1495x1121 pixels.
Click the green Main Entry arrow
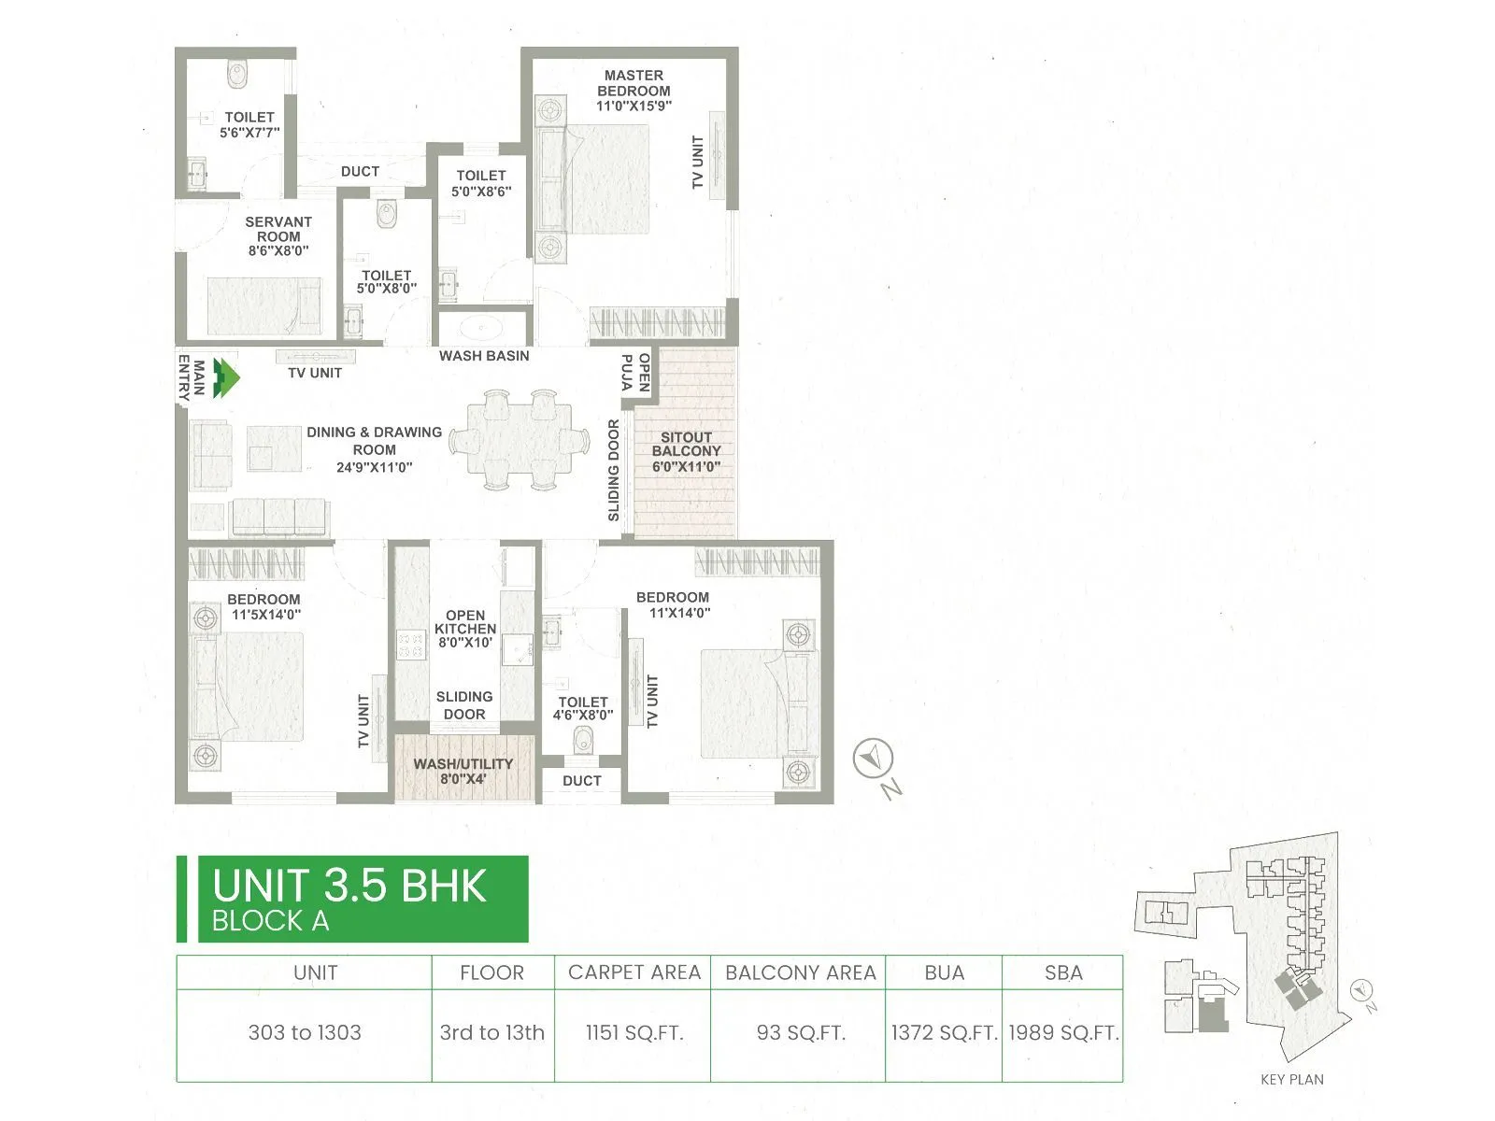[226, 378]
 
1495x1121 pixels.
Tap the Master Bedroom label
[634, 83]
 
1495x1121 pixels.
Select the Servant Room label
[278, 229]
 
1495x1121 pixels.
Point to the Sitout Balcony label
[686, 444]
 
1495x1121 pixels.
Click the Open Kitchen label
[465, 622]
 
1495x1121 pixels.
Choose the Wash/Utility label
[463, 764]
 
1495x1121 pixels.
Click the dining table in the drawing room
[520, 440]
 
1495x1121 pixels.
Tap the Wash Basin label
[484, 356]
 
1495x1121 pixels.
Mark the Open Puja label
[635, 372]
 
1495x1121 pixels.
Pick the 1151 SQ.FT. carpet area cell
[634, 1033]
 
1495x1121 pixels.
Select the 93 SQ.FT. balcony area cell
[801, 1033]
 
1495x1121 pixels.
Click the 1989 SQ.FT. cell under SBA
[1063, 1033]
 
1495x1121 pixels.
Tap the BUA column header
[944, 973]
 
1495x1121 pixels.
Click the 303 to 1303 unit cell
[305, 1033]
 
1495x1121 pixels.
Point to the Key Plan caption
[1291, 1080]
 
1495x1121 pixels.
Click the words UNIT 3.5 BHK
[349, 886]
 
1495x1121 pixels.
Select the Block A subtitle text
[270, 922]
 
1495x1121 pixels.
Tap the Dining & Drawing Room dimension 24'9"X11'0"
[374, 467]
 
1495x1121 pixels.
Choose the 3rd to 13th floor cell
[492, 1033]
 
